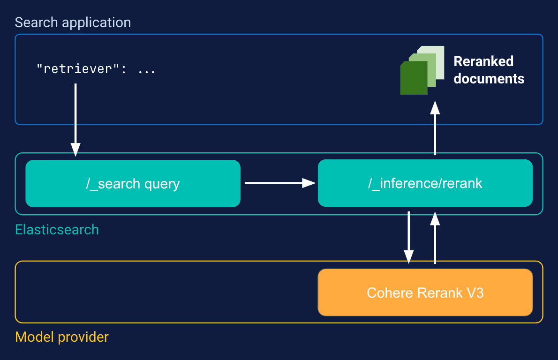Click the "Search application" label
(x=73, y=22)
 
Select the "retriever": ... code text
(x=96, y=70)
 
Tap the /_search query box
(x=133, y=183)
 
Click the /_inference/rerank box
(x=425, y=183)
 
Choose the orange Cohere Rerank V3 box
(x=425, y=292)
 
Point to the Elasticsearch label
(x=57, y=230)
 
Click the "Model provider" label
(x=62, y=337)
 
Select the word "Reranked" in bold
(x=483, y=61)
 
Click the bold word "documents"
(x=489, y=78)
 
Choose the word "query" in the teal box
(x=162, y=184)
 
